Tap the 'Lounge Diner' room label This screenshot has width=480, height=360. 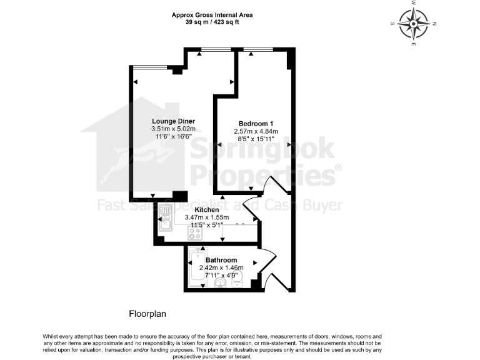click(x=173, y=121)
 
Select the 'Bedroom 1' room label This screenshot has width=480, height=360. click(x=256, y=123)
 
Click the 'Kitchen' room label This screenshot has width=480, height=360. click(x=206, y=209)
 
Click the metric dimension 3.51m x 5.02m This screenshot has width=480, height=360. click(x=173, y=129)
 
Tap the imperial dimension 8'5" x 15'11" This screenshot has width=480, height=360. click(x=256, y=139)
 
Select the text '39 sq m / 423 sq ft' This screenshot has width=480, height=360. click(x=212, y=22)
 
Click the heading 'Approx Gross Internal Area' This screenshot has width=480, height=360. click(x=212, y=14)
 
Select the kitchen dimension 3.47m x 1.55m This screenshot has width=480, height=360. click(x=207, y=217)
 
